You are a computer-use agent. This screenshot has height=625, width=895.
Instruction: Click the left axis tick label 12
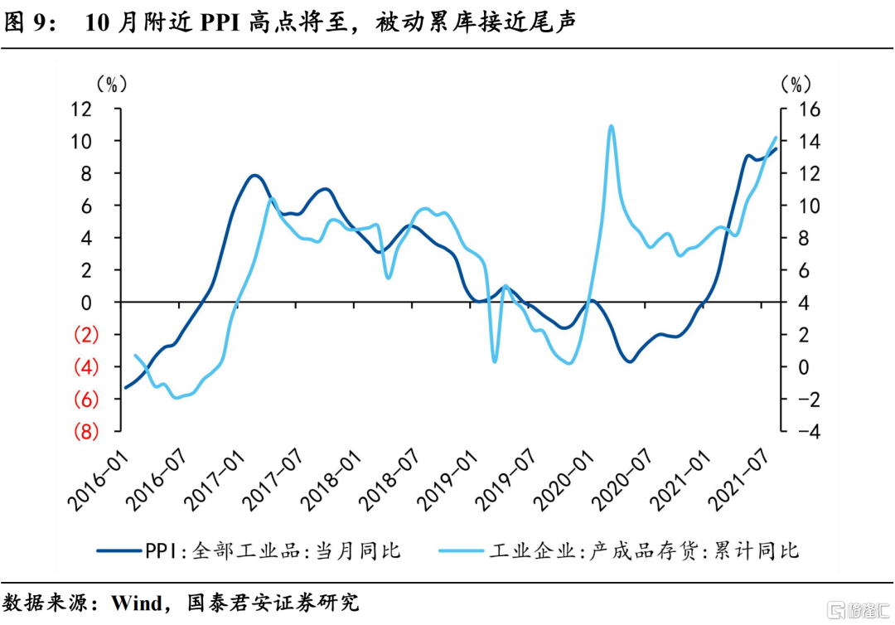pyautogui.click(x=81, y=109)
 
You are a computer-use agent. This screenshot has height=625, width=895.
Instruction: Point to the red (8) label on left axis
pyautogui.click(x=86, y=432)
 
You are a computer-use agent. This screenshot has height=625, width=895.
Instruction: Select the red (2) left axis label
pyautogui.click(x=86, y=335)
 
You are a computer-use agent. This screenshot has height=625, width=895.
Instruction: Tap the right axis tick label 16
pyautogui.click(x=807, y=109)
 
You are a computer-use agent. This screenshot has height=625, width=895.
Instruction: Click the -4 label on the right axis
pyautogui.click(x=806, y=432)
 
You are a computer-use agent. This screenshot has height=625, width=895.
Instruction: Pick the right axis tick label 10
pyautogui.click(x=807, y=206)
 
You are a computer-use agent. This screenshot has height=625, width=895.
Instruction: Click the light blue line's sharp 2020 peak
pyautogui.click(x=612, y=126)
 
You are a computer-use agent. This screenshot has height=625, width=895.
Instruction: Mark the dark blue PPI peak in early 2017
pyautogui.click(x=254, y=176)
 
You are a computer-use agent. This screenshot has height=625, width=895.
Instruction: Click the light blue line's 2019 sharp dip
pyautogui.click(x=494, y=361)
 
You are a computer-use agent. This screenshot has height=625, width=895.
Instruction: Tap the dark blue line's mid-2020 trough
pyautogui.click(x=630, y=361)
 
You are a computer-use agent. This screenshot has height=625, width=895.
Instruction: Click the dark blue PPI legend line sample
pyautogui.click(x=119, y=550)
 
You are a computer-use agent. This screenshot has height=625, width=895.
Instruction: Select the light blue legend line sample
pyautogui.click(x=462, y=550)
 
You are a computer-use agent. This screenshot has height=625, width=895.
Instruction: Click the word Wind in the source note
pyautogui.click(x=137, y=603)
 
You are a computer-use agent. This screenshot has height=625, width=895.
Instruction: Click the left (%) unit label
pyautogui.click(x=112, y=85)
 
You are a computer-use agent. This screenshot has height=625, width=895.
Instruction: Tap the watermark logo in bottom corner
pyautogui.click(x=859, y=609)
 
